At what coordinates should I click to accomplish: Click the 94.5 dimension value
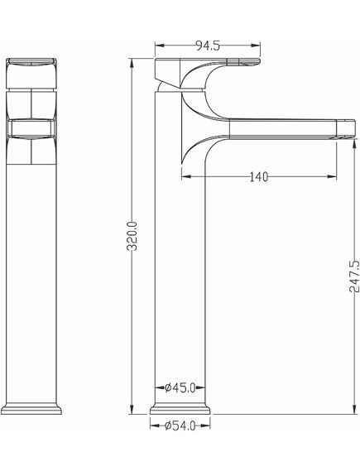(x=208, y=46)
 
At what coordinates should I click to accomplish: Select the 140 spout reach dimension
(x=258, y=176)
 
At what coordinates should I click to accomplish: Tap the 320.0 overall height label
(x=132, y=236)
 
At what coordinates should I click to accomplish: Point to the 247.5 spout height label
(x=354, y=276)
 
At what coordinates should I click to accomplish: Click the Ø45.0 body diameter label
(x=180, y=387)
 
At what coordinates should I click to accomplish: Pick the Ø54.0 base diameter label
(x=180, y=425)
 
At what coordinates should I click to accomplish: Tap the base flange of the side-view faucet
(x=180, y=408)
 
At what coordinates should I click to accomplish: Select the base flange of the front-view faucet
(x=31, y=408)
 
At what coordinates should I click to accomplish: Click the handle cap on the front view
(x=31, y=73)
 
